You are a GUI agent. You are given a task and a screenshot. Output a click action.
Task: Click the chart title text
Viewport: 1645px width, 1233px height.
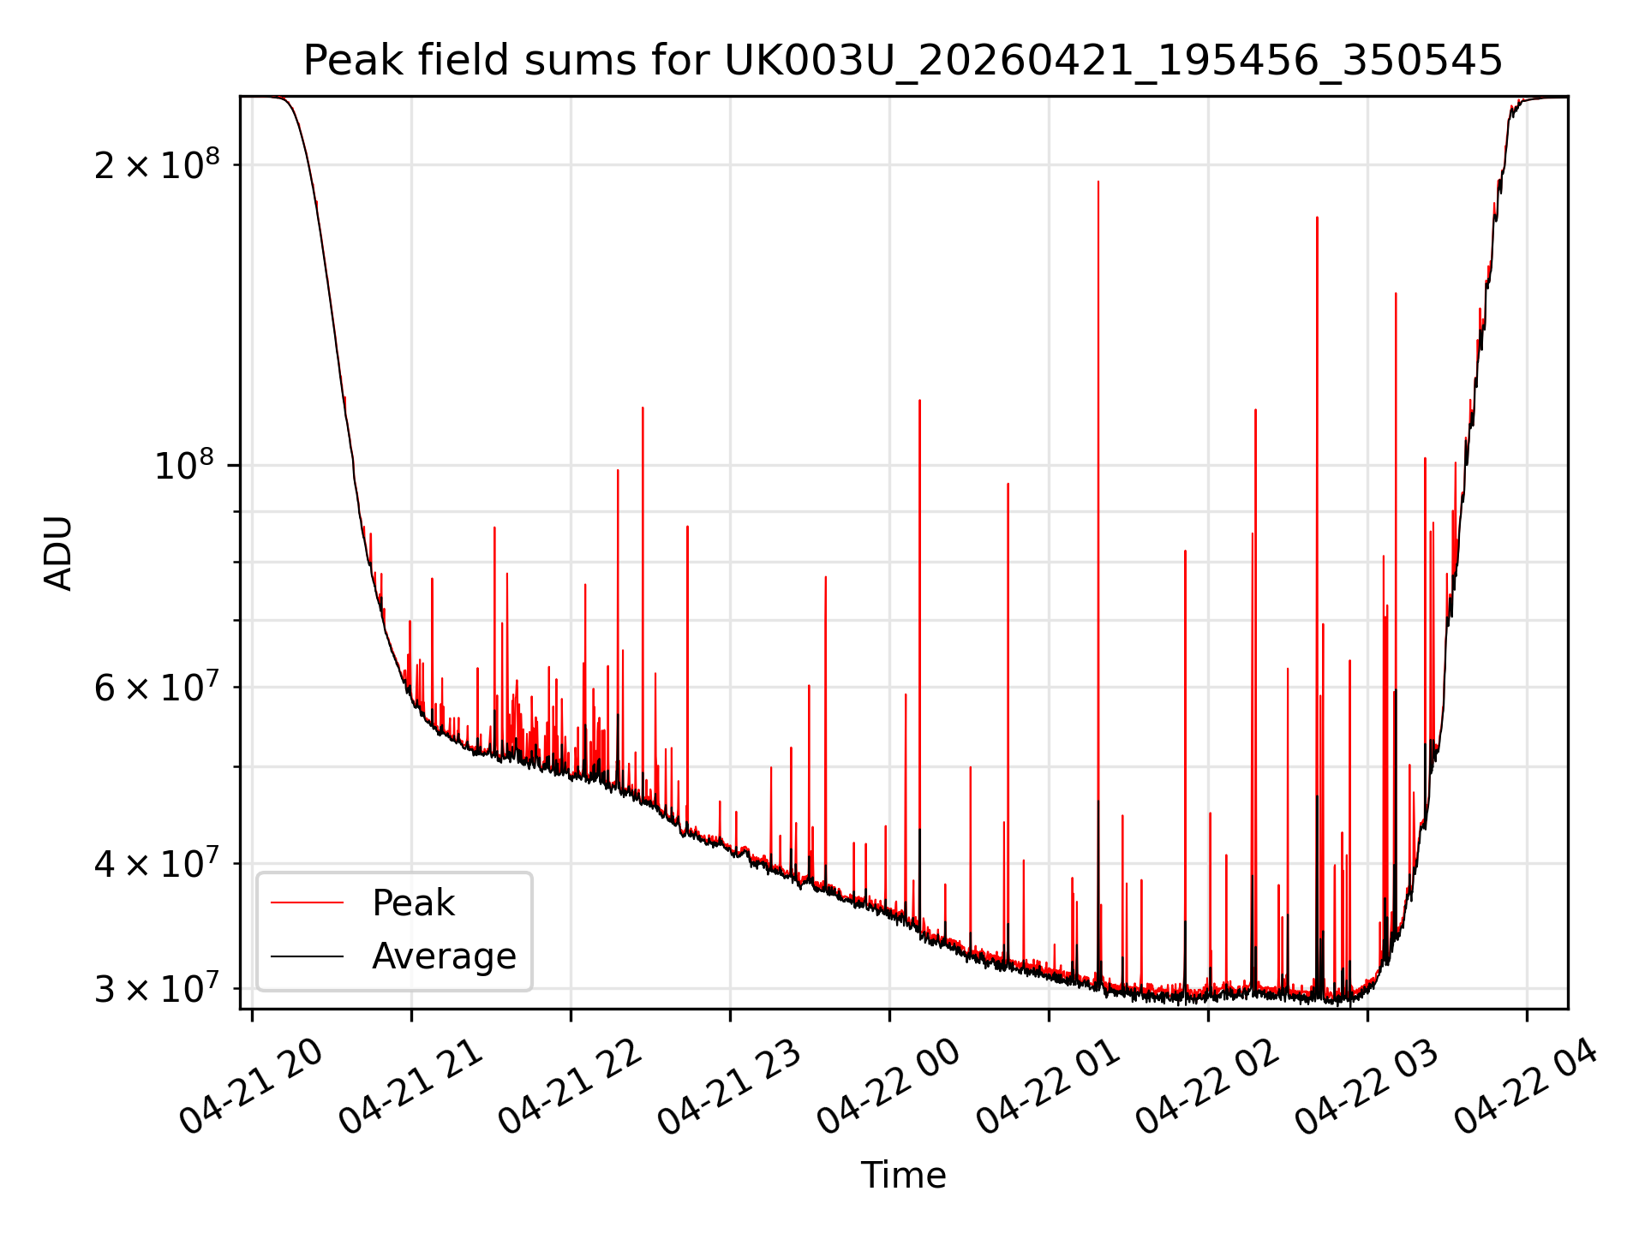point(903,61)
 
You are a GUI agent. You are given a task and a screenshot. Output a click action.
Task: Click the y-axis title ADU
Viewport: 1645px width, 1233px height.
point(58,553)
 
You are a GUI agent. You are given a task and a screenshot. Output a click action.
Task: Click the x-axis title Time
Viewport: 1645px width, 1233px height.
point(903,1176)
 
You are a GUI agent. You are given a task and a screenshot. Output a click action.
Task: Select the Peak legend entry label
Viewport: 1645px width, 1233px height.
point(413,903)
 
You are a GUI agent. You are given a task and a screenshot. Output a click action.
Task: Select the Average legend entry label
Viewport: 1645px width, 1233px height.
point(444,956)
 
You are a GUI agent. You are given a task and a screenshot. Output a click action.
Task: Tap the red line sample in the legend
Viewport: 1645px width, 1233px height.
point(307,902)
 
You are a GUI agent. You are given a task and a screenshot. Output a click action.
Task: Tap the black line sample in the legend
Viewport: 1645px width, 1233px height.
point(307,956)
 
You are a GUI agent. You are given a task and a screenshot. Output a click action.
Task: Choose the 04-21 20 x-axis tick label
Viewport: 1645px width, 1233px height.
point(251,1087)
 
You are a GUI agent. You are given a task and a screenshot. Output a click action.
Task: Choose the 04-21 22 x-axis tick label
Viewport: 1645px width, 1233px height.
point(570,1087)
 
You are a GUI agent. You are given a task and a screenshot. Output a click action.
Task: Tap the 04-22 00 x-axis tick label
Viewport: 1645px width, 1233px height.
point(888,1087)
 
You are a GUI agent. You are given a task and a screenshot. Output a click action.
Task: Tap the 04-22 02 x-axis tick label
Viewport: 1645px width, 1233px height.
point(1207,1087)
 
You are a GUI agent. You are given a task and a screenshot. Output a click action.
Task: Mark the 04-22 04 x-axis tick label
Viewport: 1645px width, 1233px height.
point(1526,1087)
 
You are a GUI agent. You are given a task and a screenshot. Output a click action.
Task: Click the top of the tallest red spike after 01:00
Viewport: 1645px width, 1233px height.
point(1098,182)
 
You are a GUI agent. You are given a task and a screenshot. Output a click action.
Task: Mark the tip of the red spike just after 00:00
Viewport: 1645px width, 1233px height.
point(919,400)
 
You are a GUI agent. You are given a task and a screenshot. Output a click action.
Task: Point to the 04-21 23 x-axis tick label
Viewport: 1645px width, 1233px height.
point(729,1087)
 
